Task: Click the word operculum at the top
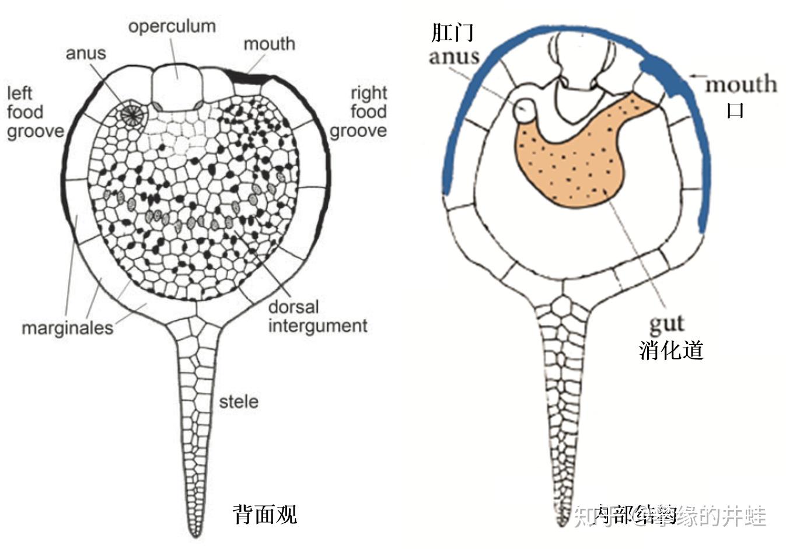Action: [172, 26]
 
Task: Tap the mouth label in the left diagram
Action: [269, 44]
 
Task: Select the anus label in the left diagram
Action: [86, 53]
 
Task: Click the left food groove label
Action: [35, 112]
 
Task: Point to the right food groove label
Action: [359, 111]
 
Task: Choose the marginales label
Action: [67, 328]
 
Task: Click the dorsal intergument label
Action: [317, 316]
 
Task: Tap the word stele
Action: [238, 401]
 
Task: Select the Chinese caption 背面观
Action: [265, 514]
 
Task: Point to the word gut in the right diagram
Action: [666, 323]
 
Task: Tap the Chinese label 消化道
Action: [671, 349]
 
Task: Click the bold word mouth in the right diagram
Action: [741, 85]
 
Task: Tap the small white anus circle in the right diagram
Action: [524, 109]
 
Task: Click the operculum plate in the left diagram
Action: [176, 86]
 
